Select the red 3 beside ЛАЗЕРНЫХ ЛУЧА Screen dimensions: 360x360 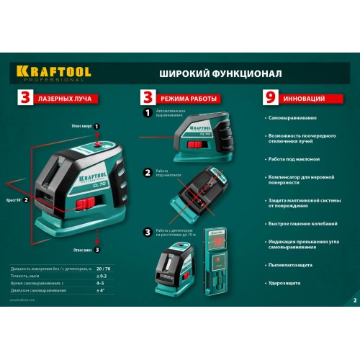pyautogui.click(x=25, y=97)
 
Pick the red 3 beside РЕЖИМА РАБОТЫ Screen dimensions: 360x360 pyautogui.click(x=148, y=97)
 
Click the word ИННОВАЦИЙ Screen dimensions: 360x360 pyautogui.click(x=304, y=97)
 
